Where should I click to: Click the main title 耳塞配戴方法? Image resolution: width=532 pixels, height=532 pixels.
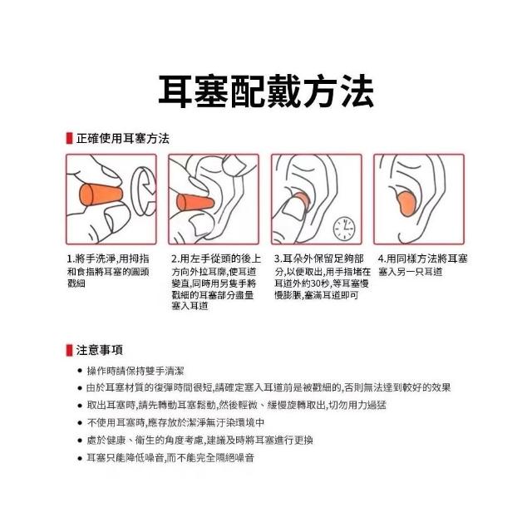266,91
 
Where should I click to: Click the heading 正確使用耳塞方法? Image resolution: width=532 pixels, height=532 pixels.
122,139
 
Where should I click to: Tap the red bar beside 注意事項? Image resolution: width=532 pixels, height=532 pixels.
69,350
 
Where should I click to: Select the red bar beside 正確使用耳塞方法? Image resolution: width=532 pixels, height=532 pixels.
69,139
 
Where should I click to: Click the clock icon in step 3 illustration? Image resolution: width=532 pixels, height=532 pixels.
344,229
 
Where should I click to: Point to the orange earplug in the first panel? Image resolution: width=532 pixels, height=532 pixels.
101,195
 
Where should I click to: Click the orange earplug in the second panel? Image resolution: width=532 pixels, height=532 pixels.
195,202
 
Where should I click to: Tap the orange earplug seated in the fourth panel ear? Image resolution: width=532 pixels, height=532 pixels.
408,204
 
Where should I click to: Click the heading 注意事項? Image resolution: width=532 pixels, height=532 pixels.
99,350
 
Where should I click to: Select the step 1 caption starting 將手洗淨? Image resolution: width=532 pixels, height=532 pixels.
108,271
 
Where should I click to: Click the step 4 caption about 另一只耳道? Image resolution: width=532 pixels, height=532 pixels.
423,265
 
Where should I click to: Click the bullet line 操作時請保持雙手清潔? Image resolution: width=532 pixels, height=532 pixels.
135,371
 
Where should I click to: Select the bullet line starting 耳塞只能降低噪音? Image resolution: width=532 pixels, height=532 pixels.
170,458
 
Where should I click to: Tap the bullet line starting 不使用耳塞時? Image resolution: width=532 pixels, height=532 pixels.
175,422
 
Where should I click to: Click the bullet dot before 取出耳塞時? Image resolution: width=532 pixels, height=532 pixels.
80,405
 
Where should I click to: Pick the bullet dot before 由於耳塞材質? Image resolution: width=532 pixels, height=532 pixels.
80,388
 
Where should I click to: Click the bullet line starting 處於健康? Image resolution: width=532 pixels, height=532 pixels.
199,440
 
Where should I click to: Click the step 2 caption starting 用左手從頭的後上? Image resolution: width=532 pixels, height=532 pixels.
216,283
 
